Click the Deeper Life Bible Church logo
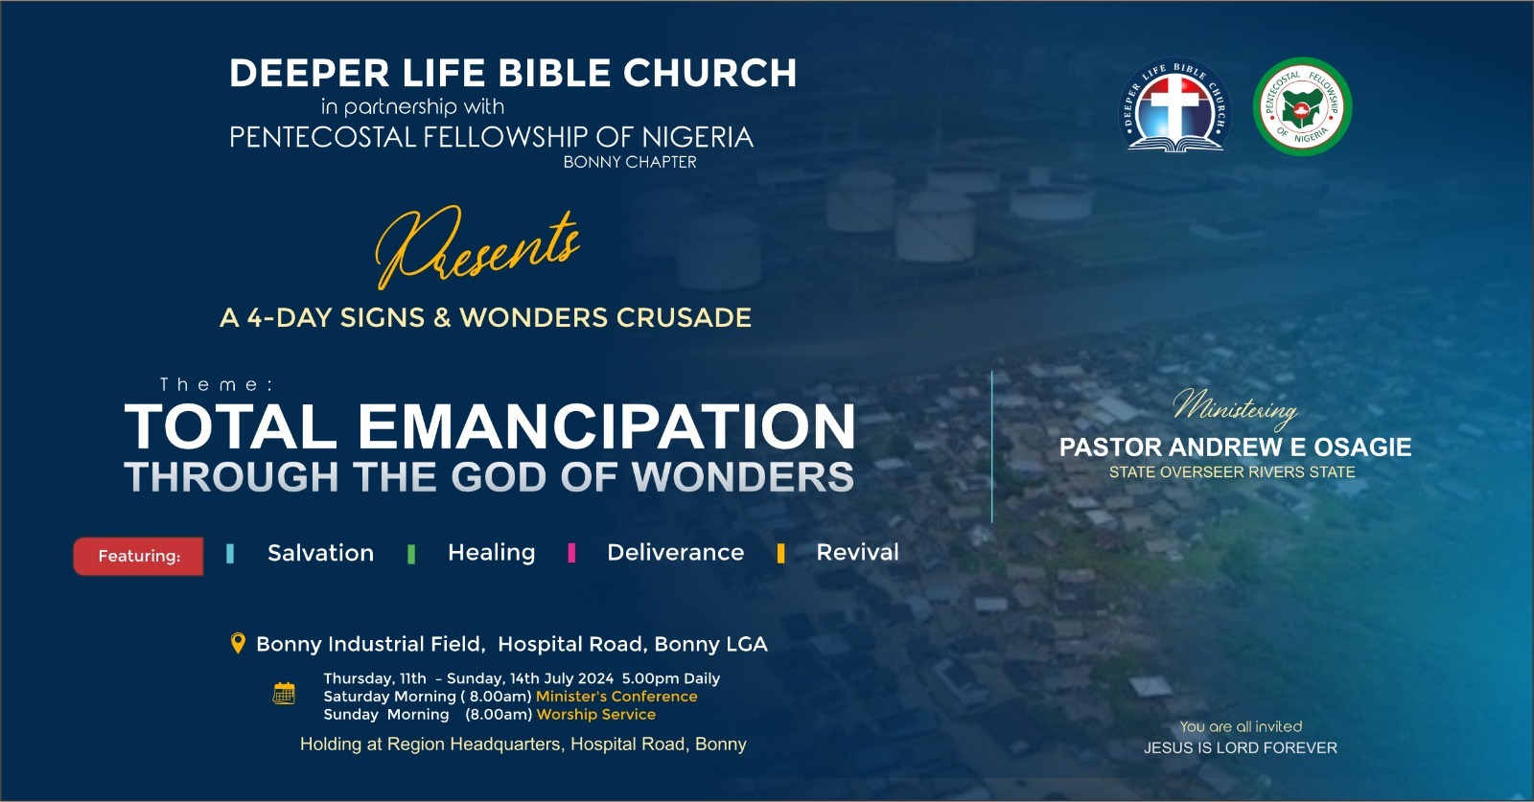point(1174,105)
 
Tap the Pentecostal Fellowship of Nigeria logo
point(1302,106)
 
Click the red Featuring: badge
point(138,556)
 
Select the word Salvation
point(320,553)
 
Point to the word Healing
point(491,553)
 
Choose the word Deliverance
point(675,552)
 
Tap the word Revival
point(857,552)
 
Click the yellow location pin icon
point(238,643)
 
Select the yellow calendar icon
point(284,693)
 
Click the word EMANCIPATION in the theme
point(607,426)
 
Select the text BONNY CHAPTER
point(630,162)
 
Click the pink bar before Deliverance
point(571,552)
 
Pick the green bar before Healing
point(411,554)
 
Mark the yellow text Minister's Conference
point(616,697)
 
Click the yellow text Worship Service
point(595,715)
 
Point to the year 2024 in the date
point(595,678)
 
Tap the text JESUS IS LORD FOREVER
point(1241,748)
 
